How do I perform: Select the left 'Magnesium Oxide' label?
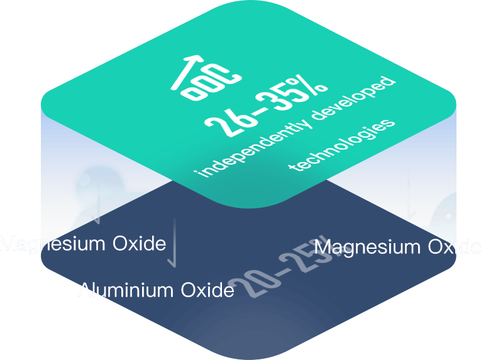click(82, 244)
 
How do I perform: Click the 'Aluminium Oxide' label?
click(156, 290)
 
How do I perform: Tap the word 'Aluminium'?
click(125, 290)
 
